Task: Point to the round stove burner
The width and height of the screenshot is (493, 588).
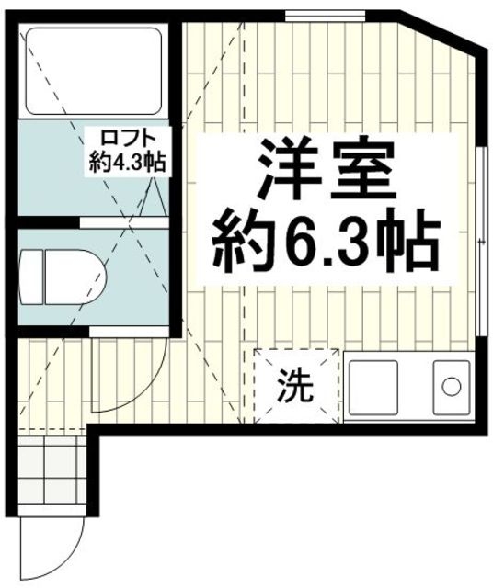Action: tap(452, 387)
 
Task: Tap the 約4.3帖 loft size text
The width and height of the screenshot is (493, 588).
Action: tap(127, 164)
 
